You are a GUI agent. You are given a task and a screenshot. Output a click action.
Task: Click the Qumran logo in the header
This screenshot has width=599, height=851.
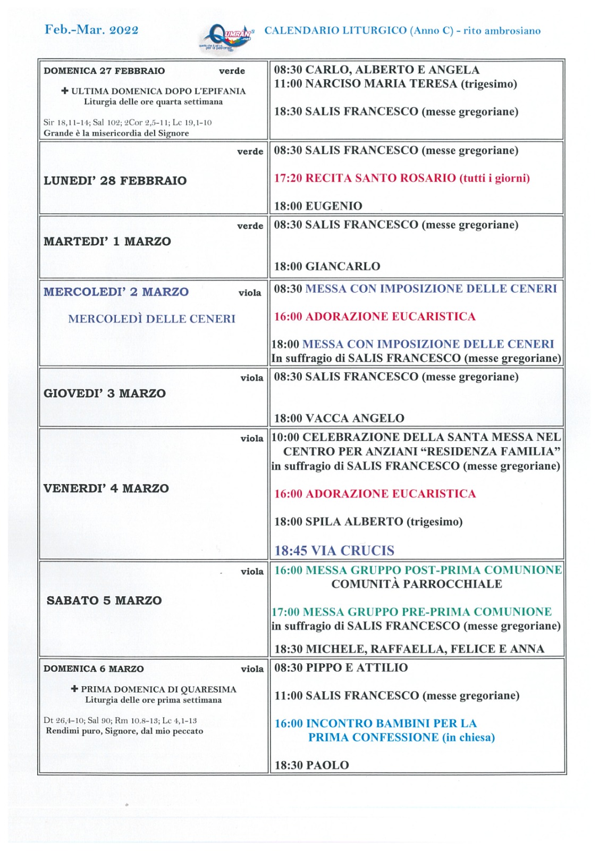[x=227, y=37]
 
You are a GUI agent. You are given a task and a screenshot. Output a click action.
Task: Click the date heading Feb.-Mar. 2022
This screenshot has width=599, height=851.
[x=91, y=30]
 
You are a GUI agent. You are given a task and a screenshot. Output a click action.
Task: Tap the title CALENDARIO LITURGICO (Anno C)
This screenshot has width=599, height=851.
[x=359, y=31]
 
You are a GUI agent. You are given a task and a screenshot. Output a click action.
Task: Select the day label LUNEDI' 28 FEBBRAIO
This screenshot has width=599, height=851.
[x=115, y=181]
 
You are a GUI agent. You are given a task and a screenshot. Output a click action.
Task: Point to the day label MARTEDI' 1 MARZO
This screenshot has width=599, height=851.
[x=107, y=241]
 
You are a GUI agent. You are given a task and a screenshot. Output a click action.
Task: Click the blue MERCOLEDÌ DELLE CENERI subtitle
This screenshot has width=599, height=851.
[x=151, y=319]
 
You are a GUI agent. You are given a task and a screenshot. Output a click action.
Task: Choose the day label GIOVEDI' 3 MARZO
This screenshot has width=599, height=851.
[x=105, y=394]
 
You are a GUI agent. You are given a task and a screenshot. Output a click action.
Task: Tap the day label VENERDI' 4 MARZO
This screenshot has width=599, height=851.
[x=106, y=488]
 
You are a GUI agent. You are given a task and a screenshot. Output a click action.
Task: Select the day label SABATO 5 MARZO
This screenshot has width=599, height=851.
[x=104, y=600]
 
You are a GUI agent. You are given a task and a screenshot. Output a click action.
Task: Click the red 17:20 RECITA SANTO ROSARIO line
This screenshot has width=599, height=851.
[x=402, y=178]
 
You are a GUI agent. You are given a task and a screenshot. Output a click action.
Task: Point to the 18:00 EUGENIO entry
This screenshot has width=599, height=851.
[x=318, y=206]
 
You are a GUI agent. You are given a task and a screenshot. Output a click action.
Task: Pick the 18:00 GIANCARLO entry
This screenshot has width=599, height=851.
[x=327, y=266]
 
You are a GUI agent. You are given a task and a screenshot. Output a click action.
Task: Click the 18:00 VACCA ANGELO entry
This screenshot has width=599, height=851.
[x=339, y=419]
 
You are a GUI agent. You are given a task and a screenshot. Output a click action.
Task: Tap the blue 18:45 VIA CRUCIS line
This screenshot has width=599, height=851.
[x=334, y=550]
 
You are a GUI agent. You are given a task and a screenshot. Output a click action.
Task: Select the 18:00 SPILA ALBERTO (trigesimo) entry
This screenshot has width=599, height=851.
[x=368, y=522]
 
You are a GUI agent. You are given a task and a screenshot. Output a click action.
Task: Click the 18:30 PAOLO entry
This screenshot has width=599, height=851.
[x=311, y=765]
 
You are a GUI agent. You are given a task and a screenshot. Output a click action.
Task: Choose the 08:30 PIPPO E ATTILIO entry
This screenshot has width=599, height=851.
[x=341, y=668]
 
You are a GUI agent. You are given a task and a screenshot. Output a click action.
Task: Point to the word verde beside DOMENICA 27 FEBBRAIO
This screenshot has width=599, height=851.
[x=232, y=71]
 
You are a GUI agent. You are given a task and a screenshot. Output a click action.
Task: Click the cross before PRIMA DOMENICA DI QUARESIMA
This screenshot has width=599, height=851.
[x=74, y=689]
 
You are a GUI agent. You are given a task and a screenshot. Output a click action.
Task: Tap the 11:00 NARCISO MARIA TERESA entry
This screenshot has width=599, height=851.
[x=395, y=84]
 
